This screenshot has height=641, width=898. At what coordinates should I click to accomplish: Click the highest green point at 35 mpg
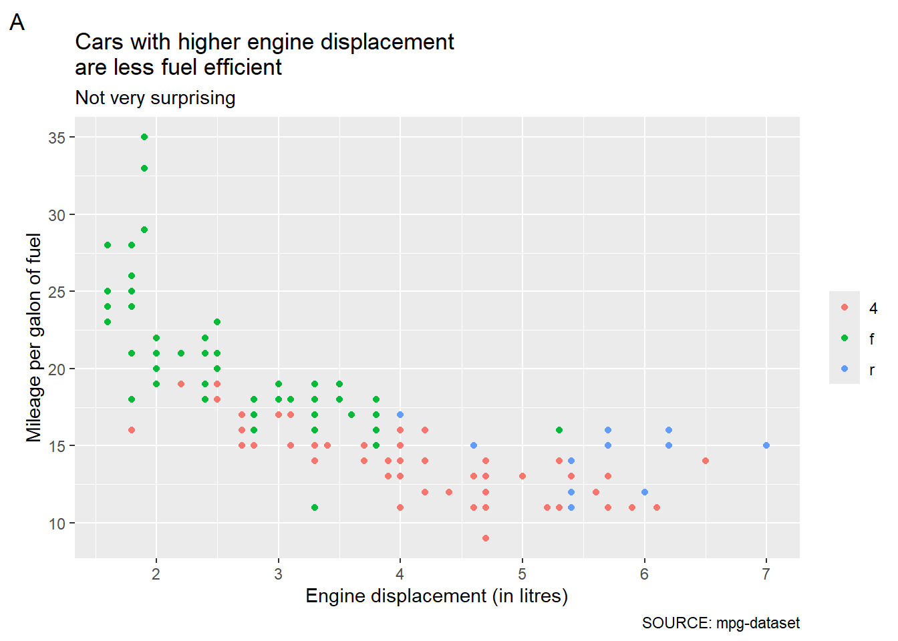pos(144,137)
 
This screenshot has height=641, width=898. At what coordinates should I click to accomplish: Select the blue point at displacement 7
pos(766,445)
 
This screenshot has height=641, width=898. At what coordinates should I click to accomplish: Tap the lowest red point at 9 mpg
pos(486,538)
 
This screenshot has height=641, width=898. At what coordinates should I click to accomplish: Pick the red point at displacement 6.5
pos(706,461)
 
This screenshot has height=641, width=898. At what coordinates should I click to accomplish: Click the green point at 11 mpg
pos(315,507)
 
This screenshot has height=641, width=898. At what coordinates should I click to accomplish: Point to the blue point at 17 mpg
pos(400,415)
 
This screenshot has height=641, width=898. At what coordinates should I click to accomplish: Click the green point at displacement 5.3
pos(559,430)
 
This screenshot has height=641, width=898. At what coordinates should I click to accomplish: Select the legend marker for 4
pos(845,307)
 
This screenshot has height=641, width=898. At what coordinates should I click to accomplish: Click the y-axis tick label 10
pos(57,523)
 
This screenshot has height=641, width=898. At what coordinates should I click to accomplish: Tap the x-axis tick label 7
pos(766,574)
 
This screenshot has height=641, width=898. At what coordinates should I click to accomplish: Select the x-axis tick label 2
pos(156,574)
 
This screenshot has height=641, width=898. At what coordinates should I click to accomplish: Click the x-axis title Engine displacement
pos(396,596)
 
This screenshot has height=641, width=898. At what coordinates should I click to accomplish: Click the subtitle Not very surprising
pos(155,98)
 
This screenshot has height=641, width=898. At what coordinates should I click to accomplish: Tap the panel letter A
pos(17,22)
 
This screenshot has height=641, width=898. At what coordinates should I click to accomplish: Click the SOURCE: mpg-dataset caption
pos(721,623)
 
